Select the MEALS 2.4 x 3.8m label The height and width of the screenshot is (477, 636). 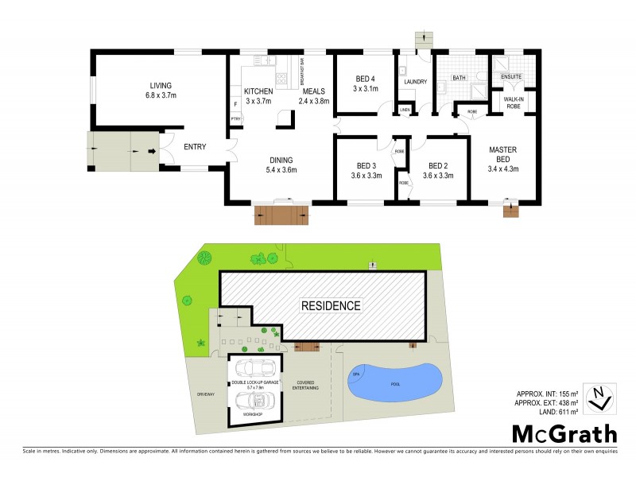[313, 96]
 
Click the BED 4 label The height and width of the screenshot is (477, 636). [363, 83]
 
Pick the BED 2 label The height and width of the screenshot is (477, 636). [438, 171]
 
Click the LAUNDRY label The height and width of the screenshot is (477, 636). [415, 82]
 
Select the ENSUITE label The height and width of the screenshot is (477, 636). [510, 77]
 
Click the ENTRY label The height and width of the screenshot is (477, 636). [195, 146]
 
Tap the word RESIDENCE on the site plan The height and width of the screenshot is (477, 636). [331, 305]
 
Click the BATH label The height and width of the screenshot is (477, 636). [459, 78]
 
